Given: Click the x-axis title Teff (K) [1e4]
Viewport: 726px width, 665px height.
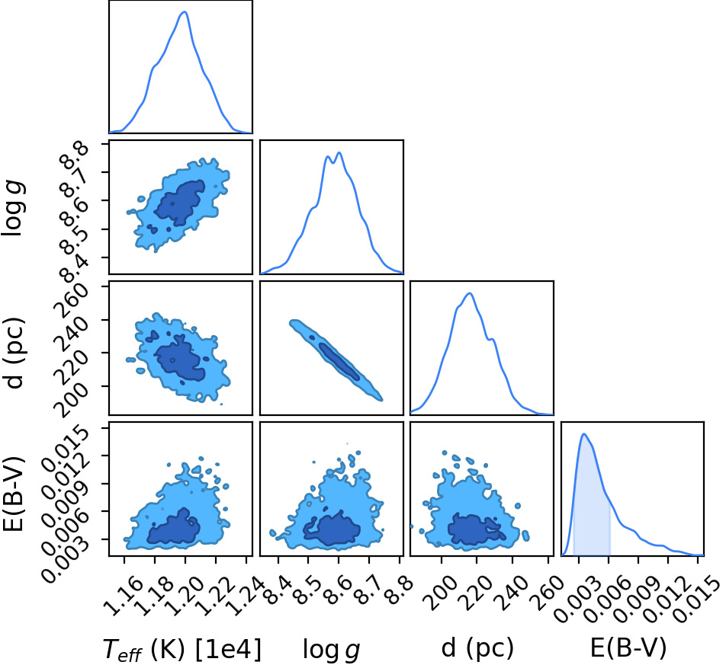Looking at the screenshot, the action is tap(182, 648).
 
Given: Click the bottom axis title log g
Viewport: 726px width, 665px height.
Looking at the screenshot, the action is tap(332, 649).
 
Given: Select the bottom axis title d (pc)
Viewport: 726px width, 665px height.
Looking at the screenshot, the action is tap(477, 648).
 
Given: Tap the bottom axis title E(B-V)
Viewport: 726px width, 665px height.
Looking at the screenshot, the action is tap(628, 647).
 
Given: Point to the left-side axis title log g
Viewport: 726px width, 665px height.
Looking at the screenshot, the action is tap(14, 208).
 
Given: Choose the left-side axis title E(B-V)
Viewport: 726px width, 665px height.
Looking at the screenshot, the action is tap(13, 494).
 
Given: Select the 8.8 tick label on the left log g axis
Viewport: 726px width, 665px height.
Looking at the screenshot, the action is tap(74, 155).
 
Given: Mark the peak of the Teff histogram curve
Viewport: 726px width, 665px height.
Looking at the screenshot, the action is tap(185, 11).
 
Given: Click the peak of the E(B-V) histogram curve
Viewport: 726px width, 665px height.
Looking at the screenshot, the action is tap(584, 433).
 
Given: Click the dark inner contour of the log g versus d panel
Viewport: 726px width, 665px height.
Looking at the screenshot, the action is tap(339, 361).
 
